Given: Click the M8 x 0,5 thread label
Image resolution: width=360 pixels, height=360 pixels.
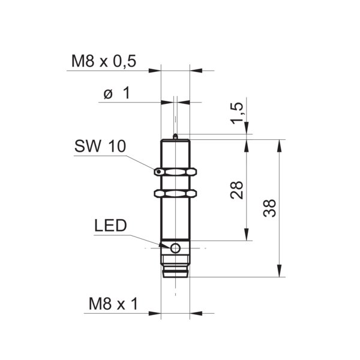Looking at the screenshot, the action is click(x=104, y=61).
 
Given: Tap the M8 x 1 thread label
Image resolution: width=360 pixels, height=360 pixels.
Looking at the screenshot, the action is click(x=113, y=304).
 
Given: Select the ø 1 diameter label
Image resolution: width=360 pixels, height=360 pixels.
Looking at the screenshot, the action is click(x=116, y=93).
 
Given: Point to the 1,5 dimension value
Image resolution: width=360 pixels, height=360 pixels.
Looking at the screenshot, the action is click(x=237, y=113).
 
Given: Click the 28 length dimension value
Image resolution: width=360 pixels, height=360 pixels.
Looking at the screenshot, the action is click(x=236, y=190).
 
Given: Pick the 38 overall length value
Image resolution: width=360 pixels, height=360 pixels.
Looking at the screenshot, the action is click(x=269, y=208).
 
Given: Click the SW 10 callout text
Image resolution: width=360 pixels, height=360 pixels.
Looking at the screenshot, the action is click(x=100, y=146).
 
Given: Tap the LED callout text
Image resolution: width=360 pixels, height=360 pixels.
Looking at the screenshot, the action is click(x=110, y=226).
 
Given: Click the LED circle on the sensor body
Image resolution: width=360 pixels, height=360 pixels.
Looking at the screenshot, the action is click(x=175, y=248).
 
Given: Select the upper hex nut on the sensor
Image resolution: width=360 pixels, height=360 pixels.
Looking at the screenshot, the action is click(x=175, y=172).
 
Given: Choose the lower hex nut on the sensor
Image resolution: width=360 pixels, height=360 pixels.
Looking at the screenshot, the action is click(x=175, y=193).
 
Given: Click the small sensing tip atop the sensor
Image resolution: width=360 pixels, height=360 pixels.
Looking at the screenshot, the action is click(x=175, y=136).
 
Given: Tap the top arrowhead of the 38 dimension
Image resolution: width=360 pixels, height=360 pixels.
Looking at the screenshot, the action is click(x=279, y=146).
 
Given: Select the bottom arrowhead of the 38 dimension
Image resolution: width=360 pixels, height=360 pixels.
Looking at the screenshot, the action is click(x=279, y=271).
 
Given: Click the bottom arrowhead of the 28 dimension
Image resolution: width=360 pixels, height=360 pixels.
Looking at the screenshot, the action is click(x=247, y=235).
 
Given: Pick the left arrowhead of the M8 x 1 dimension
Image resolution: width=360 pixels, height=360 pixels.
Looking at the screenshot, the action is click(x=155, y=313).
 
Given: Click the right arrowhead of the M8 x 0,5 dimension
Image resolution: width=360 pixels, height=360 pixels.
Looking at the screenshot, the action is click(x=196, y=70).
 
